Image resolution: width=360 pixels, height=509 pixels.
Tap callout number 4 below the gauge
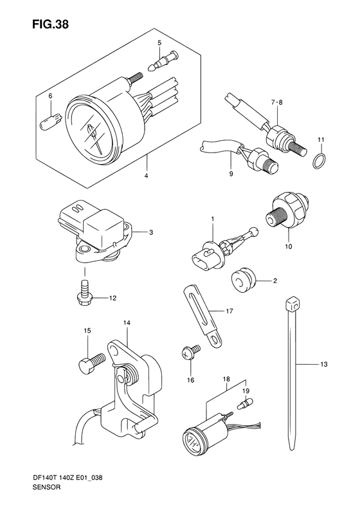[147, 176]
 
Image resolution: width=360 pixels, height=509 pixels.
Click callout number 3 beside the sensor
[150, 232]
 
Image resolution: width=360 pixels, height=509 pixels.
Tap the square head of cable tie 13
[292, 303]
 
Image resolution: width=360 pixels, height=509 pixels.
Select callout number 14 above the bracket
[127, 322]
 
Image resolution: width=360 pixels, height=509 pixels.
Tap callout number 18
[226, 380]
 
